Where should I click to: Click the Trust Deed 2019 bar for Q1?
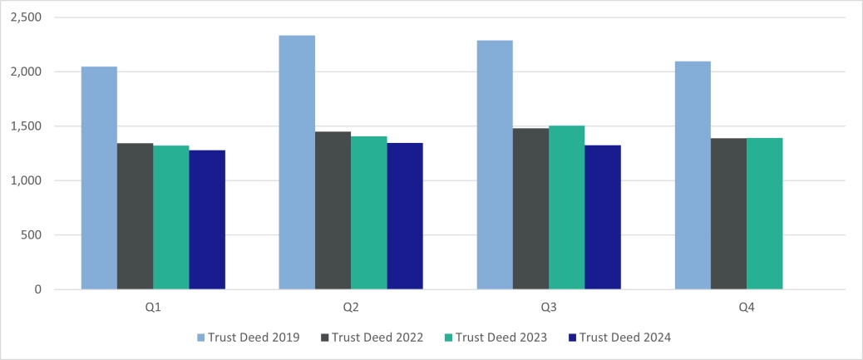(x=99, y=178)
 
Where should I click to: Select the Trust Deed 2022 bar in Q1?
(x=135, y=216)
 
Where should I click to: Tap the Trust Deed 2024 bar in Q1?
(x=207, y=219)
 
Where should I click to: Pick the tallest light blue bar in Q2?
(x=297, y=162)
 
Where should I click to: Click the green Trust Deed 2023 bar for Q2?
(x=368, y=213)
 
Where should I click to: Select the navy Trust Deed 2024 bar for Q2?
(x=405, y=216)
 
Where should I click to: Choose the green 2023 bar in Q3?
(x=566, y=208)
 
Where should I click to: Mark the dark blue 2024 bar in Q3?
(x=603, y=217)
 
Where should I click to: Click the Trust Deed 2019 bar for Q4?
(x=693, y=175)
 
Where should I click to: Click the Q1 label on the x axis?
(x=153, y=308)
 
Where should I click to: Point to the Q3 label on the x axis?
(x=549, y=308)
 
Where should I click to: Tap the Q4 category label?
(x=747, y=308)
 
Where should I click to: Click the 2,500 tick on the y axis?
(x=27, y=17)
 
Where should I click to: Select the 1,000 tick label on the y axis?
(x=27, y=180)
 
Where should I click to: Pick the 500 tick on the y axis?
(x=32, y=235)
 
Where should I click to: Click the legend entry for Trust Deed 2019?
(x=250, y=338)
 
